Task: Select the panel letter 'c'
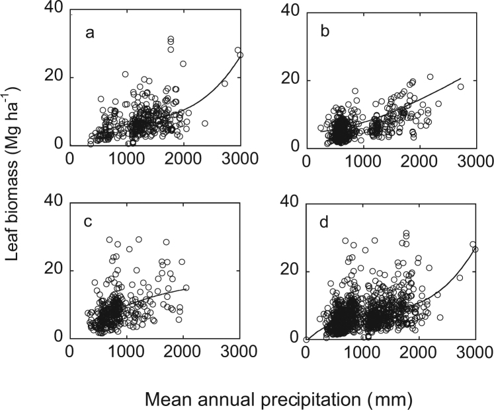tap(89, 222)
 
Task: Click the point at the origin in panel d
tap(306, 339)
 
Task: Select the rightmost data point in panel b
tap(461, 86)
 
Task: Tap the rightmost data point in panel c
tap(186, 287)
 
